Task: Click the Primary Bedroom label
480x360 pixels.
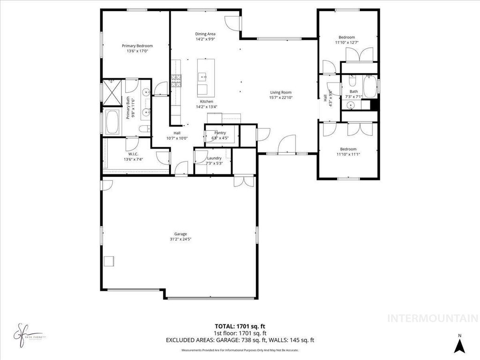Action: (x=137, y=46)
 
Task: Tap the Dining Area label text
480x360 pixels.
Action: (x=205, y=34)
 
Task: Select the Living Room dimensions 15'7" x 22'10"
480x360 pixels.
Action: (x=281, y=97)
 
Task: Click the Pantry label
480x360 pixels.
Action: (x=220, y=133)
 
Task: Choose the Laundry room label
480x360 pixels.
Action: (x=214, y=158)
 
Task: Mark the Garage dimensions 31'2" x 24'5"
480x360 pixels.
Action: (x=180, y=239)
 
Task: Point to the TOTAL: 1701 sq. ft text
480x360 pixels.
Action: (x=240, y=326)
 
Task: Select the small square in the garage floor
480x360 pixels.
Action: (x=109, y=261)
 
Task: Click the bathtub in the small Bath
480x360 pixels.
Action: (x=370, y=86)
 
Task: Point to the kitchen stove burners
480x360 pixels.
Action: (x=176, y=82)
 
